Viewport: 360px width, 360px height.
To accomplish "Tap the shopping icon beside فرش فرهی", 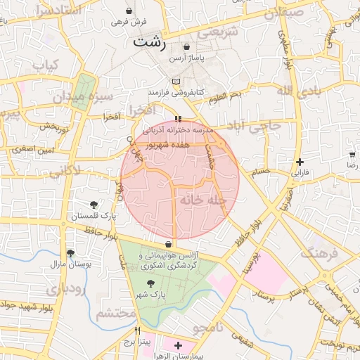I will [x=130, y=11].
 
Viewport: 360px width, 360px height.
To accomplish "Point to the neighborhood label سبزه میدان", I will [x=106, y=96].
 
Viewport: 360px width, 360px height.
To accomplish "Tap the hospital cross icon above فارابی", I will [x=300, y=162].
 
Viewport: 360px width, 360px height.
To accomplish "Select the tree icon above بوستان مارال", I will [x=70, y=253].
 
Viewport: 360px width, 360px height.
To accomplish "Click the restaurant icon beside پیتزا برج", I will [x=138, y=330].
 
